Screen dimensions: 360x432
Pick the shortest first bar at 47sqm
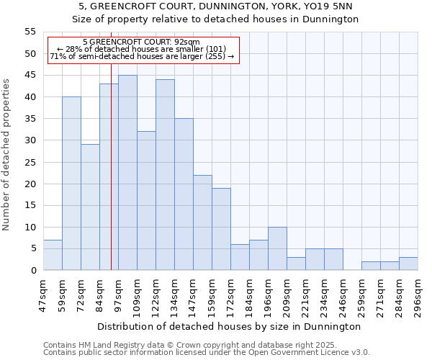(x=53, y=255)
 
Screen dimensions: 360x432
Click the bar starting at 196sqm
(x=277, y=248)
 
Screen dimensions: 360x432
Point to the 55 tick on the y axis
(x=30, y=32)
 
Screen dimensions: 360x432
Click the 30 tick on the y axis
(x=30, y=140)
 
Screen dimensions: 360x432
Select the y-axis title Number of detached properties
(x=7, y=155)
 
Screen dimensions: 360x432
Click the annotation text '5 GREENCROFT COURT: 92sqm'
(x=141, y=42)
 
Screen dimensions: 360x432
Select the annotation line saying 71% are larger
(x=141, y=56)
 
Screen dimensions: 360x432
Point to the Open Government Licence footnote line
(x=207, y=353)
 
